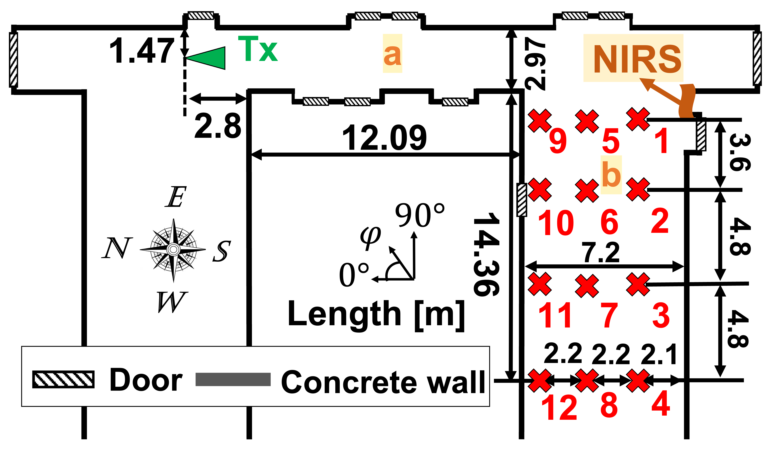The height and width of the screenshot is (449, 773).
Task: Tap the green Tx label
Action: pyautogui.click(x=258, y=49)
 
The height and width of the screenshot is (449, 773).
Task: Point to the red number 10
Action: pyautogui.click(x=556, y=223)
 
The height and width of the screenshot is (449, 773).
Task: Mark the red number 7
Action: pyautogui.click(x=610, y=316)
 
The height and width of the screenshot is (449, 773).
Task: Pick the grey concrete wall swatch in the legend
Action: pyautogui.click(x=233, y=380)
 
